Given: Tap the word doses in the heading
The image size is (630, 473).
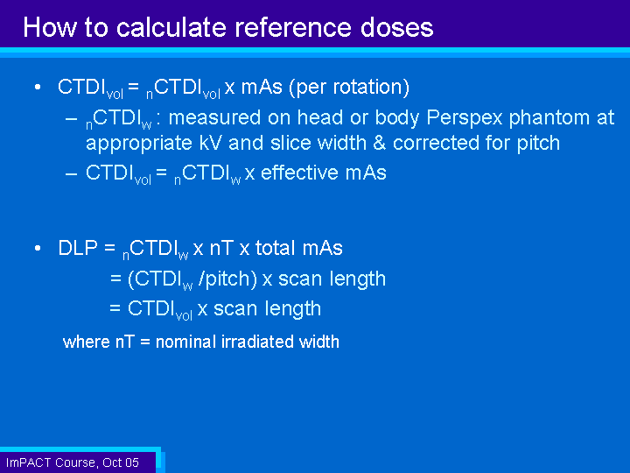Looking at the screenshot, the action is coord(396,27).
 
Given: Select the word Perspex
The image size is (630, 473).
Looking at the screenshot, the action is coord(464,118).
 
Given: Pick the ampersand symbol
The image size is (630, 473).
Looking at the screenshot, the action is coord(379,143).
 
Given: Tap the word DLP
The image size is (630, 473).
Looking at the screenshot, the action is coord(78,248).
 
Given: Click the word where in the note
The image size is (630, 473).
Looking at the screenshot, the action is coord(86,342).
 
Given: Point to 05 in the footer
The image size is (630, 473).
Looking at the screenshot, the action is coord(131,462).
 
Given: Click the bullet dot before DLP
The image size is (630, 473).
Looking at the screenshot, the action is coord(38,248).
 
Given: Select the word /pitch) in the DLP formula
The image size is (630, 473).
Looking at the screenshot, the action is coord(227,279).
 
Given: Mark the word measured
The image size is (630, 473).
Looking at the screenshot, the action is coord(215,118).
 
